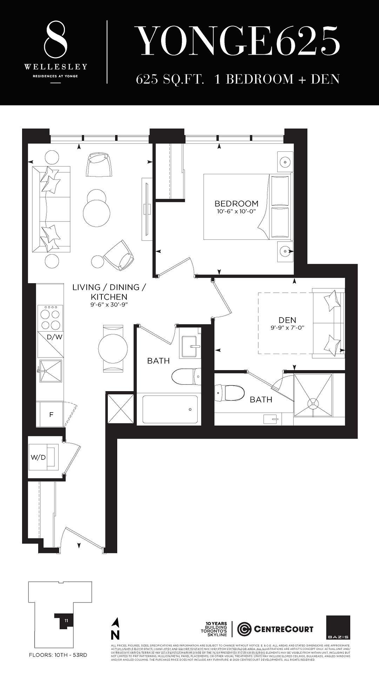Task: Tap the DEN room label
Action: (x=287, y=320)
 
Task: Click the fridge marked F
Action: (x=51, y=414)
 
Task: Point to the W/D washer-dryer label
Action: (x=38, y=457)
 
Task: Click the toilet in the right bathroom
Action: (x=230, y=393)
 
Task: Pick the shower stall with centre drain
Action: (x=313, y=395)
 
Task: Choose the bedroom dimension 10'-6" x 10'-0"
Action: (x=236, y=212)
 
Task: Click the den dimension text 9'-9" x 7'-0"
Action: (x=287, y=328)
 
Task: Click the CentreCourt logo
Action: (x=275, y=629)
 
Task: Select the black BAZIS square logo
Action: (x=338, y=627)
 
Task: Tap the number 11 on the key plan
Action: (x=66, y=620)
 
